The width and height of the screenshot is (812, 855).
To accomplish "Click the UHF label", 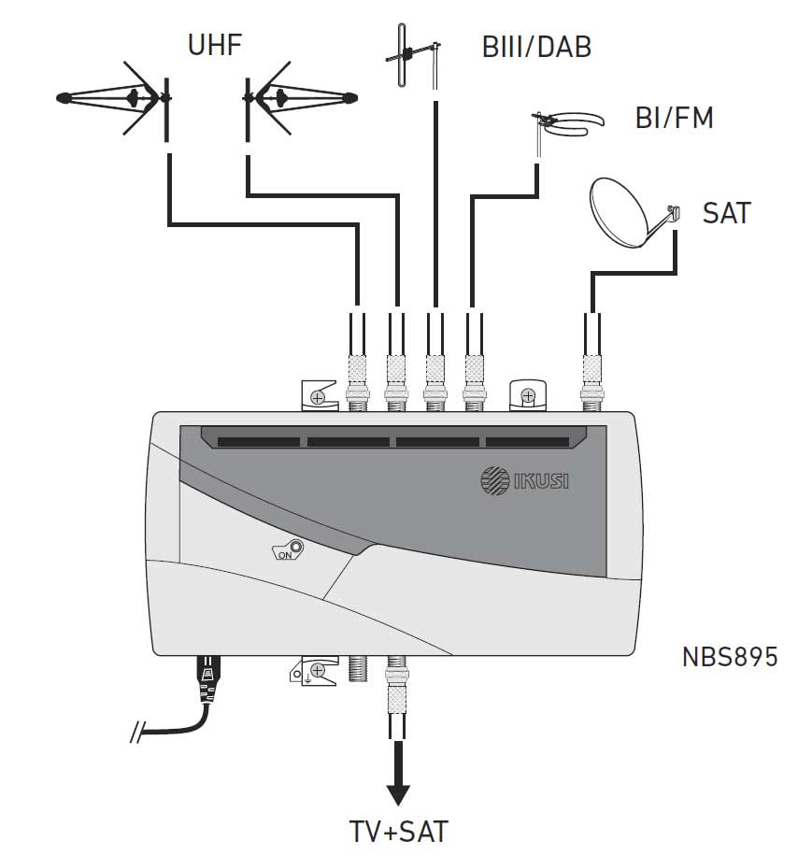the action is tap(214, 45).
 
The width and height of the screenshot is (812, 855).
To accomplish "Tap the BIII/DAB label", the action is tap(536, 47).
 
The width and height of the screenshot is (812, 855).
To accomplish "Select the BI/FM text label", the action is tap(674, 118).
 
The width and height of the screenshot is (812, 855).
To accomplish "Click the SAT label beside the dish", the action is tap(726, 213).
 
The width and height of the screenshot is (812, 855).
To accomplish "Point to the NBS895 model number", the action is tap(730, 657).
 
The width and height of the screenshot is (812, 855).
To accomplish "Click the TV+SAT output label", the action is tap(398, 832).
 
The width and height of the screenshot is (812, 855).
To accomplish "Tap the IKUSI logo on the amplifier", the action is tap(524, 480).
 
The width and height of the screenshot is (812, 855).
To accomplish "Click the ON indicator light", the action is tap(295, 547).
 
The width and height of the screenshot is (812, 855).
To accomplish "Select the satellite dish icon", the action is tap(633, 213).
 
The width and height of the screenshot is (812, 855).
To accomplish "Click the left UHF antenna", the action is tap(115, 98).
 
